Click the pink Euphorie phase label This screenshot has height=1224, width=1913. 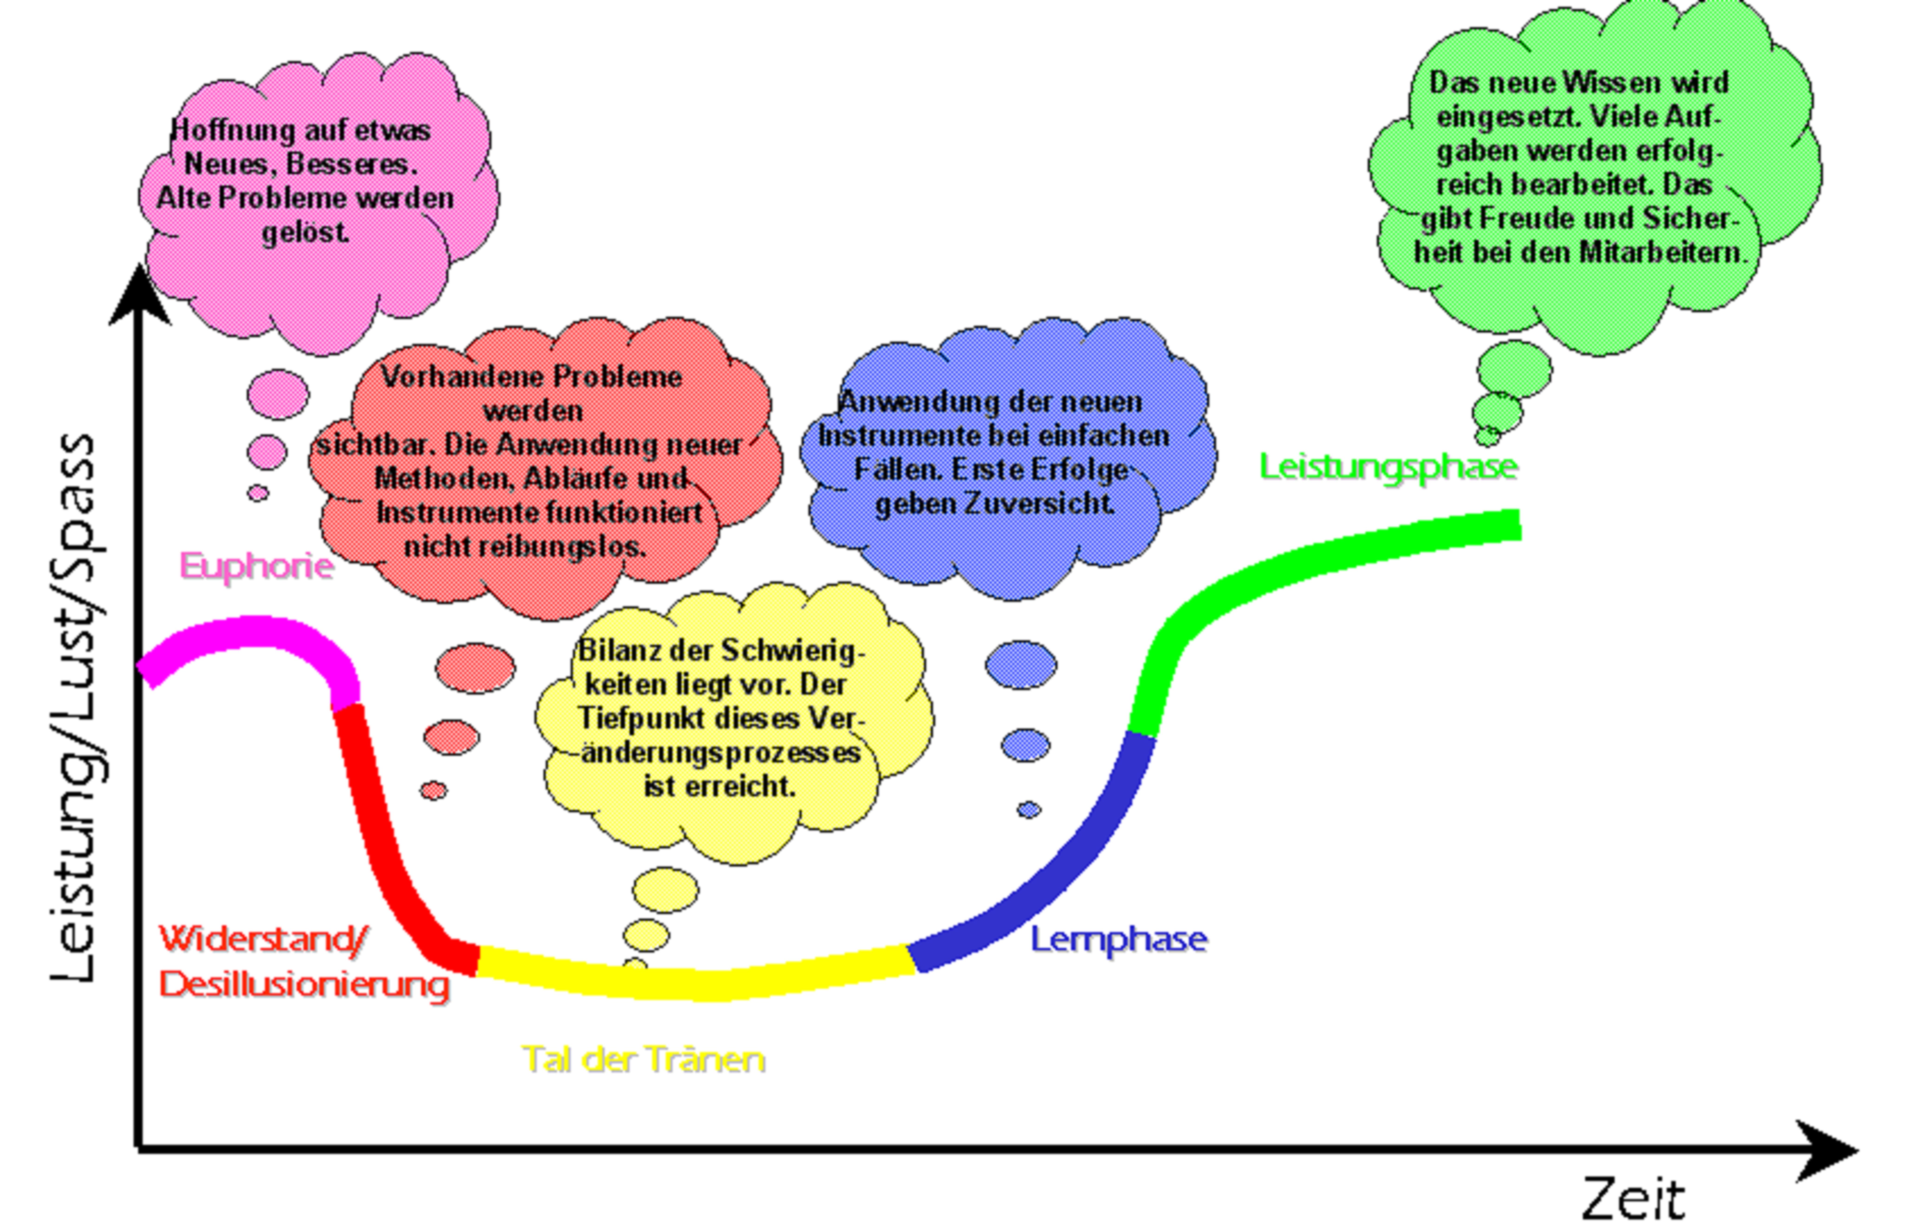(256, 566)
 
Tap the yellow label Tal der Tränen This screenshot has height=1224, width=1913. (643, 1059)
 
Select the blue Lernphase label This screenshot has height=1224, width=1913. (1119, 939)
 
